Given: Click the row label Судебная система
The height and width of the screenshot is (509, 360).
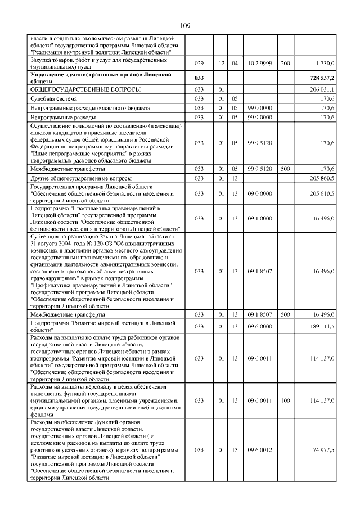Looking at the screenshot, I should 53,98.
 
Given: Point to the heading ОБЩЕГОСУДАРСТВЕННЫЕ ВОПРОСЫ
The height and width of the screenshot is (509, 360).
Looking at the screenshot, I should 85,89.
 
